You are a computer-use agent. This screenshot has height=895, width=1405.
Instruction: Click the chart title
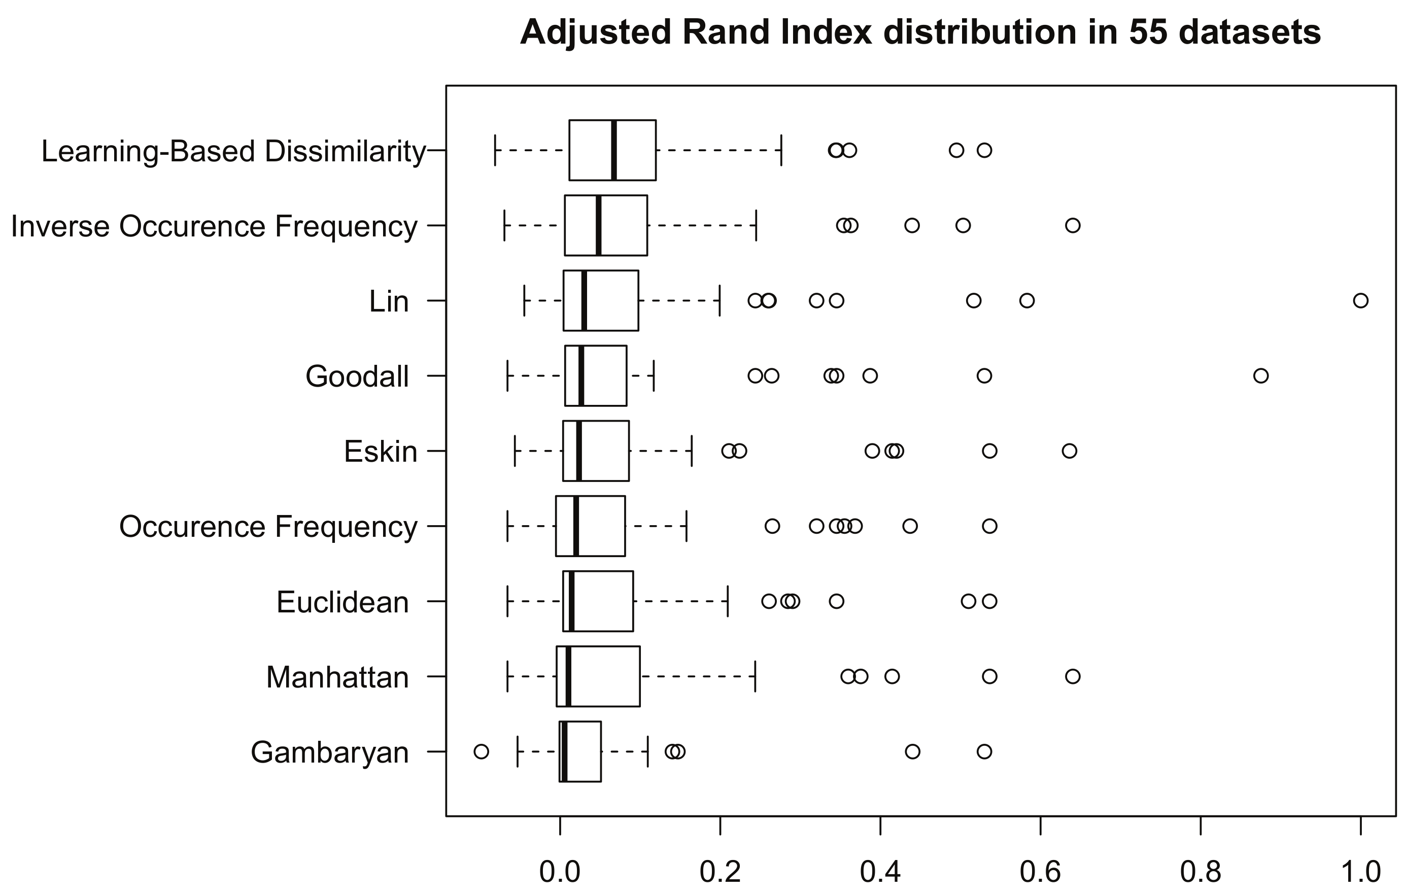pos(920,32)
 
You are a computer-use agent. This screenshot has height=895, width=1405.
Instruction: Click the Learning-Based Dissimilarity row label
pos(233,152)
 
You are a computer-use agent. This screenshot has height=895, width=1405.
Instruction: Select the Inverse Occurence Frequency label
pos(214,226)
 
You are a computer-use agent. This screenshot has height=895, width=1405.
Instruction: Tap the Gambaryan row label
pos(330,752)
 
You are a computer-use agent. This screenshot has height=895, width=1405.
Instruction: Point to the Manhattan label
pos(337,677)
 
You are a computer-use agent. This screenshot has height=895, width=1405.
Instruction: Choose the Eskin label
pos(381,452)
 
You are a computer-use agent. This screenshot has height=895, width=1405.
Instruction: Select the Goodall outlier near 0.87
pos(1261,376)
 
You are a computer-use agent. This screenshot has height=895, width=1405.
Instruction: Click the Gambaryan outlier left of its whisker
pos(481,751)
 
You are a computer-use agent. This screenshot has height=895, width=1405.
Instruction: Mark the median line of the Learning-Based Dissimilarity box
pos(614,151)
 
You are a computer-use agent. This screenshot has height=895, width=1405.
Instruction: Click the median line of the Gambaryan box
pos(564,751)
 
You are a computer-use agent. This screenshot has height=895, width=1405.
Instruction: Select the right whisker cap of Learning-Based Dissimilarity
pos(781,151)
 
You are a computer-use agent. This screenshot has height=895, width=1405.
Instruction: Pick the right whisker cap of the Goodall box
pos(654,376)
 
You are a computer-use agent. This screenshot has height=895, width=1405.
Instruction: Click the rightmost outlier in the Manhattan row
pos(1073,676)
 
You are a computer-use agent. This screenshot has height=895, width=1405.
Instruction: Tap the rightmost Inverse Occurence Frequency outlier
pos(1073,225)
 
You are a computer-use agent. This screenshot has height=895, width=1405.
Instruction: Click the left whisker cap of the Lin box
pos(524,301)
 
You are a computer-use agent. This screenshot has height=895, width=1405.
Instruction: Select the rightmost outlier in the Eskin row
pos(1069,451)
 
